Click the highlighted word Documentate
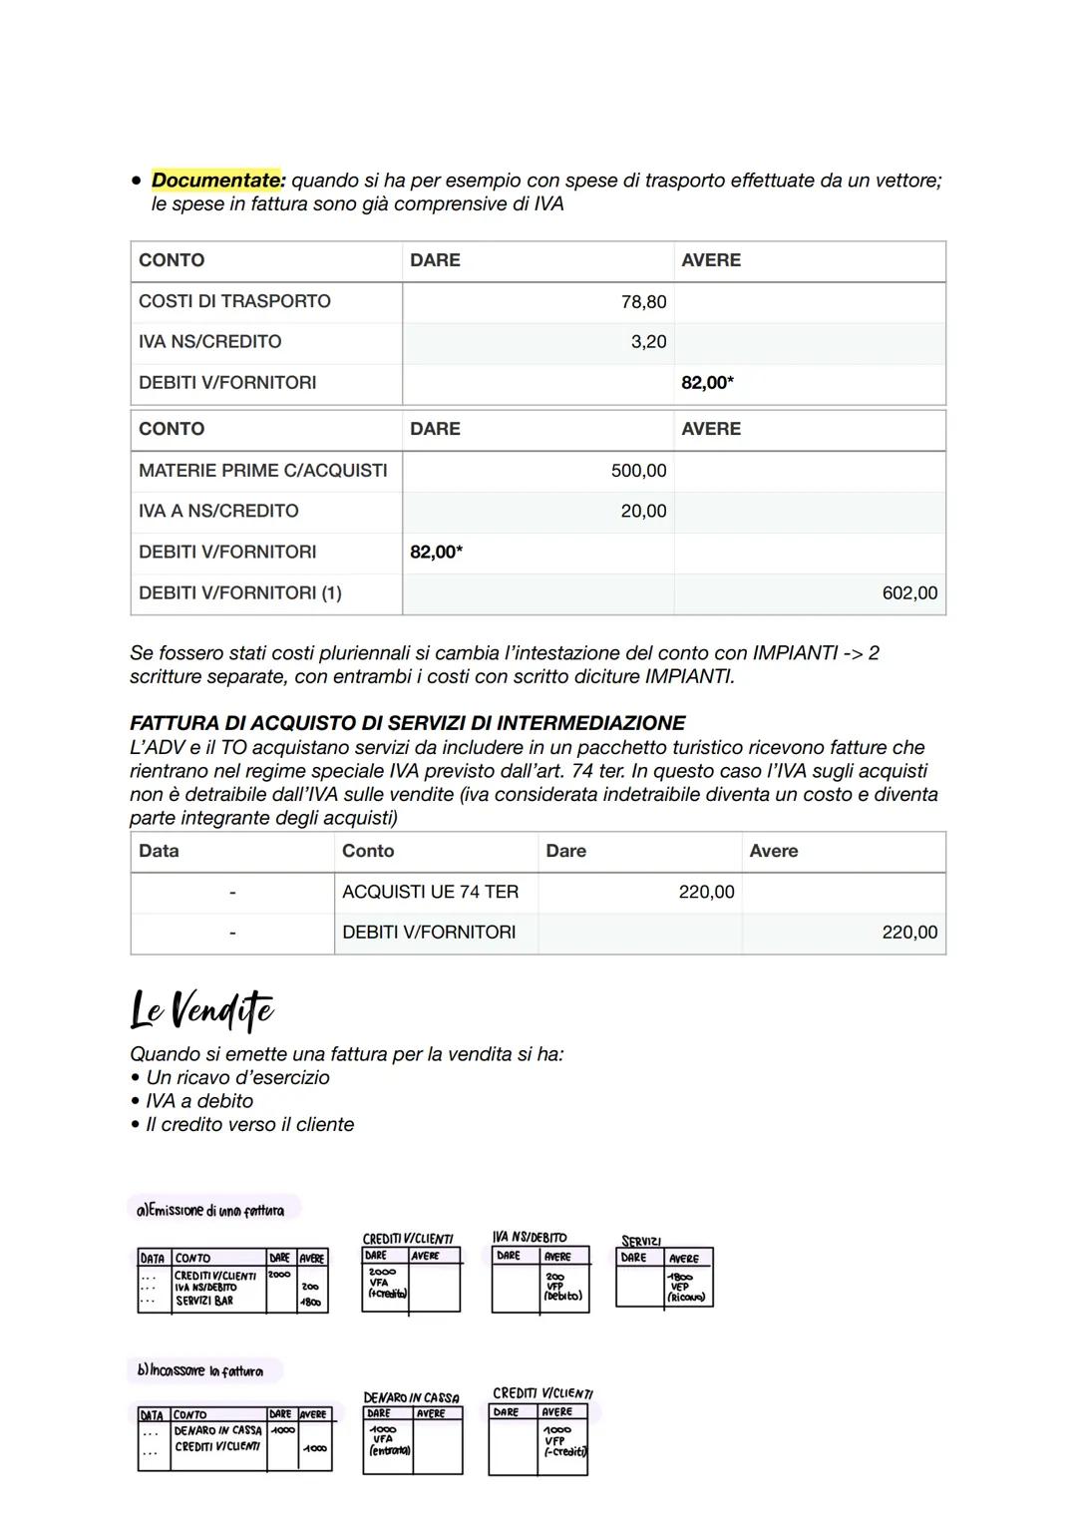coord(218,181)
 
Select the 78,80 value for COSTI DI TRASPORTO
coord(643,302)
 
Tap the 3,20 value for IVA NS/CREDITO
coord(648,342)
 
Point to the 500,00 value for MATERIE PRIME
coord(638,471)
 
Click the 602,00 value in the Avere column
coord(909,593)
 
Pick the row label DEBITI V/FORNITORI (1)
coord(239,593)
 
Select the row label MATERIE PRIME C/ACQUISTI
coord(262,471)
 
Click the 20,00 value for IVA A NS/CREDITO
coord(643,512)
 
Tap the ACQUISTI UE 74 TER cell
coord(430,893)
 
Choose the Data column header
coord(160,852)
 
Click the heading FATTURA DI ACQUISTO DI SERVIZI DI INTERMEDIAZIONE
coord(407,723)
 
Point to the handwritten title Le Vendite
coord(201,1009)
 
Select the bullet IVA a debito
coord(198,1101)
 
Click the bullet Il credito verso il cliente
coord(249,1125)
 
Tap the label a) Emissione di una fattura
coord(210,1211)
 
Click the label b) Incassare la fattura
coord(200,1371)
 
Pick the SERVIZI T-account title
coord(641,1242)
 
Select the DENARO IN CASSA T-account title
coord(411,1398)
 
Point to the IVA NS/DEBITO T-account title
coord(530,1237)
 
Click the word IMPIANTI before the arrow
coord(794,653)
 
